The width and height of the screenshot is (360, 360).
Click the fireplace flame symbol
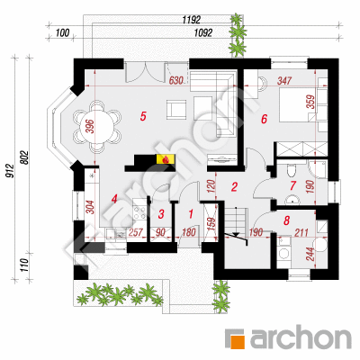(165, 159)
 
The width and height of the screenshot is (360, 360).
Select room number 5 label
(143, 116)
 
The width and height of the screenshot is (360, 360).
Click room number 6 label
(264, 119)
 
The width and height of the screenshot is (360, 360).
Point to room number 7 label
(292, 186)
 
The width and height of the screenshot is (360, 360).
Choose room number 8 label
(286, 221)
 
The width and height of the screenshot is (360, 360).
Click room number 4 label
(113, 199)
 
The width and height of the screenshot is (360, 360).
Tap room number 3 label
(161, 214)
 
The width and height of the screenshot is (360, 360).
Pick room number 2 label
(234, 186)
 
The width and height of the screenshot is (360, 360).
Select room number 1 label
(191, 214)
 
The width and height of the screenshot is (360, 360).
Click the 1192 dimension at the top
(192, 20)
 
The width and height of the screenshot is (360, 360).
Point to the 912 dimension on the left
(10, 171)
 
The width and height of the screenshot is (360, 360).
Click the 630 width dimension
(176, 80)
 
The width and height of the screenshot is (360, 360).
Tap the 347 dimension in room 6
(284, 80)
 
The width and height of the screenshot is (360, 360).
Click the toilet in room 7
(291, 171)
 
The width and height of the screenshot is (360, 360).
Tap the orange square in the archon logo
(238, 341)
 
